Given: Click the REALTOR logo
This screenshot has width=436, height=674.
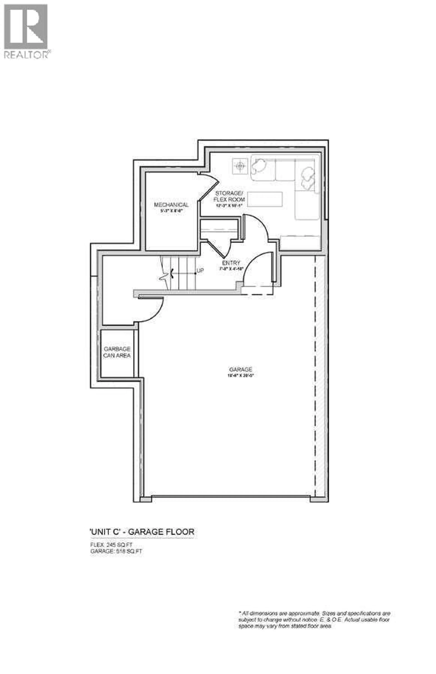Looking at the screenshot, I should click(x=26, y=31).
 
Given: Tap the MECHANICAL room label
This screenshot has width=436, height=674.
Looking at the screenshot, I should click(x=171, y=205).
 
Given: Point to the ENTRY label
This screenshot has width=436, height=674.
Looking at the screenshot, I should click(x=231, y=263).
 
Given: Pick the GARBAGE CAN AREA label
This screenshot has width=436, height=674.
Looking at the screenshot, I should click(x=117, y=352).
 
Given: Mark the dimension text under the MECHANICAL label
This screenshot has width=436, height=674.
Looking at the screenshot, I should click(x=171, y=211).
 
